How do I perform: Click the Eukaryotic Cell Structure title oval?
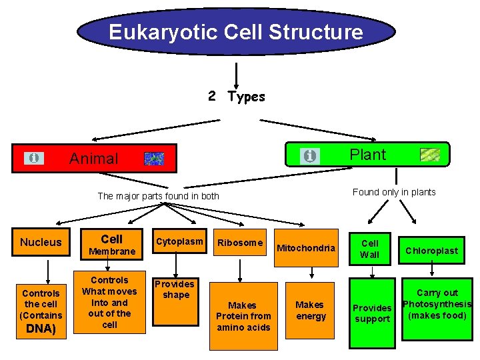236,32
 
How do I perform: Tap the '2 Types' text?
236,97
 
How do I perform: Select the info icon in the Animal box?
34,158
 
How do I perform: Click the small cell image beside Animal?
154,159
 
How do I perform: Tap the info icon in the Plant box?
309,156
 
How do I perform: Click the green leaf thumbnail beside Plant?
430,155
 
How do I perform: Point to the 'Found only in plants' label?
393,192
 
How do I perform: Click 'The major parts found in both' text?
158,196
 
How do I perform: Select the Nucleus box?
41,243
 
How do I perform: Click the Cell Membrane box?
112,245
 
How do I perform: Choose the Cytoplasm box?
179,242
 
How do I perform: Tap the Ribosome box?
240,243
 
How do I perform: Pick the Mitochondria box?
306,248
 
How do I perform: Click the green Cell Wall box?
369,249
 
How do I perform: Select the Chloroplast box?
432,251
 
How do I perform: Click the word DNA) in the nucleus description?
41,329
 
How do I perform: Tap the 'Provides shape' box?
176,290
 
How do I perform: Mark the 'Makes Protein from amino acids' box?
243,316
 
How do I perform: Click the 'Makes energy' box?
310,310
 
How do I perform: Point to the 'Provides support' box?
372,313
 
